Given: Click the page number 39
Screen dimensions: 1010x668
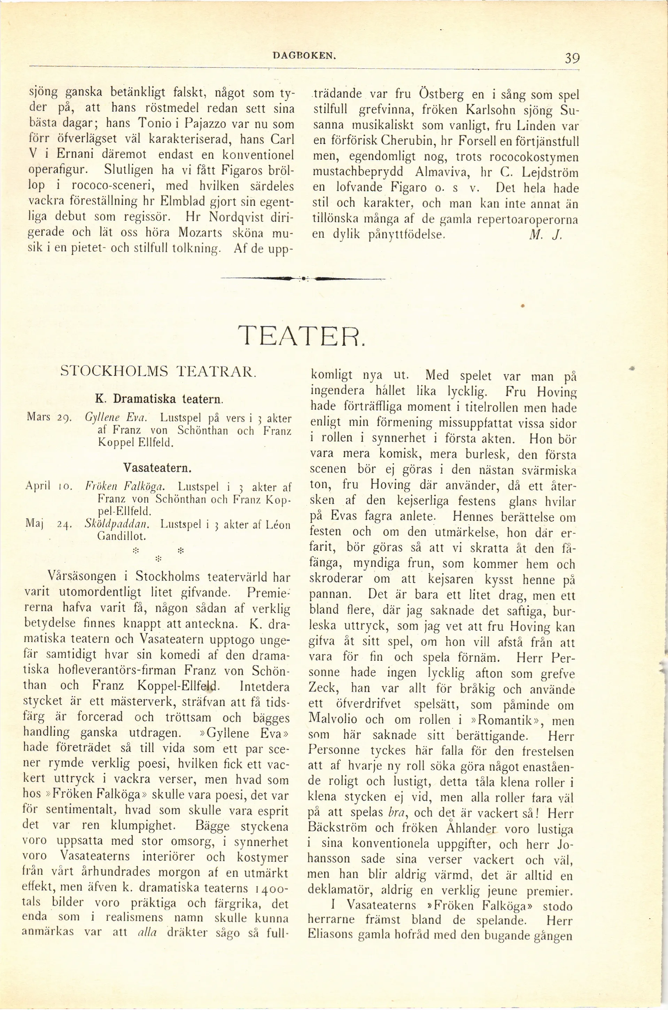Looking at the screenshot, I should [x=570, y=58].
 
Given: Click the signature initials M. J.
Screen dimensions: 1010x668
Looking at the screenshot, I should [x=546, y=234].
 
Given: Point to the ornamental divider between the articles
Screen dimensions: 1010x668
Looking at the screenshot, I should [x=303, y=279].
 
